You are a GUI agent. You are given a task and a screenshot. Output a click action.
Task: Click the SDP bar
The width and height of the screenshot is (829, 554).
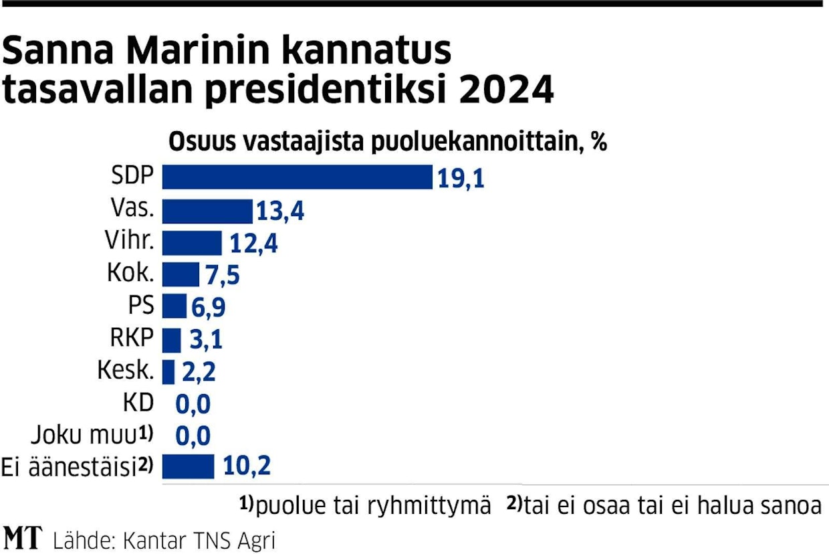pyautogui.click(x=298, y=177)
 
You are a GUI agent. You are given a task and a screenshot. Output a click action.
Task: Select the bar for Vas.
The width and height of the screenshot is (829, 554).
pyautogui.click(x=207, y=211)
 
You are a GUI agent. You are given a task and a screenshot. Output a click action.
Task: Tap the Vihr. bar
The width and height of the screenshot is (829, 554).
pyautogui.click(x=193, y=243)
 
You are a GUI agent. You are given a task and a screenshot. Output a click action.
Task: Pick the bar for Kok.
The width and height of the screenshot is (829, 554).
pyautogui.click(x=181, y=274)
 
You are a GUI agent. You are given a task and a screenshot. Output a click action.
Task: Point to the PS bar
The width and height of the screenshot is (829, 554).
pyautogui.click(x=174, y=306)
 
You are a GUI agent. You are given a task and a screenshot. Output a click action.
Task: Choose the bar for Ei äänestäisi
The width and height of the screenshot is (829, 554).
pyautogui.click(x=188, y=466)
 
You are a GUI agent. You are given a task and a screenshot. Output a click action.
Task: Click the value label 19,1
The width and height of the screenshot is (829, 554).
pyautogui.click(x=461, y=179)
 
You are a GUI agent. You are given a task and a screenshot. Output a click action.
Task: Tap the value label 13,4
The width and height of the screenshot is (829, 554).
pyautogui.click(x=280, y=211)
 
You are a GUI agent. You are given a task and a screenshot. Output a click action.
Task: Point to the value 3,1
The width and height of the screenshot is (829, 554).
pyautogui.click(x=203, y=339)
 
